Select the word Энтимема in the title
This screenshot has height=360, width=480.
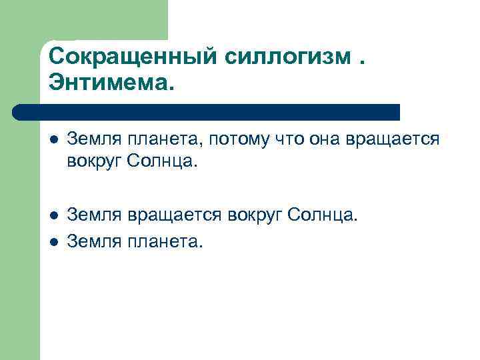point(109,84)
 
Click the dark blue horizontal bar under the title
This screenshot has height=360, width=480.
point(207,112)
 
